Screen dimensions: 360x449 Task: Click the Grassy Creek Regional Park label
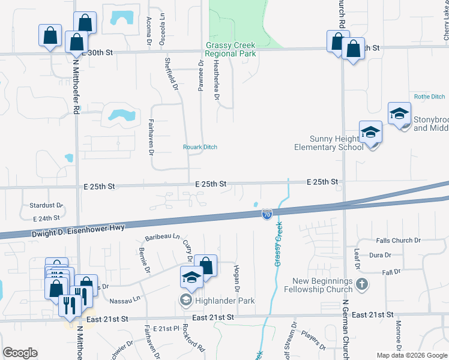[x=231, y=49]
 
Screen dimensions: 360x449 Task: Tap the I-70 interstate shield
[x=267, y=214]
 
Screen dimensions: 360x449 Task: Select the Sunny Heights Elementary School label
[x=328, y=143]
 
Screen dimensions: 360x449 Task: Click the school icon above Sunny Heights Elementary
[x=370, y=132]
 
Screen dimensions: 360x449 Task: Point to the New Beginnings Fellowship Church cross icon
[x=361, y=283]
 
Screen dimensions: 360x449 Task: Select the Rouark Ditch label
[x=200, y=147]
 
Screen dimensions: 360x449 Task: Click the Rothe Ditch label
[x=430, y=97]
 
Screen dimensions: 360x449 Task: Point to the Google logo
[x=20, y=353]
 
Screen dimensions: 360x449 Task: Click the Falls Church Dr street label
[x=394, y=241]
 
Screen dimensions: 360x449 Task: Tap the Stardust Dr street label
[x=46, y=205]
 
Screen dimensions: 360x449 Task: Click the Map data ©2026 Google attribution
[x=412, y=355]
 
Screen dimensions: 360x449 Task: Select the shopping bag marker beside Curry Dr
[x=205, y=266]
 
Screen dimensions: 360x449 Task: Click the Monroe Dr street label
[x=398, y=337]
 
